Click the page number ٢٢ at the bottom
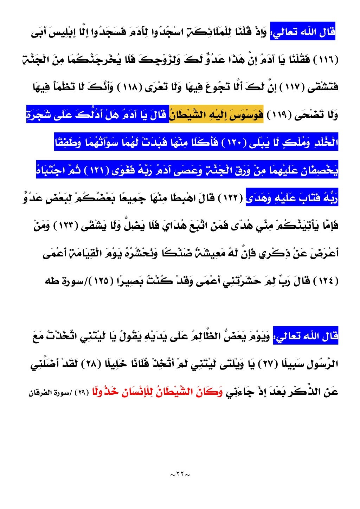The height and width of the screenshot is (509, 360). tap(180, 474)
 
